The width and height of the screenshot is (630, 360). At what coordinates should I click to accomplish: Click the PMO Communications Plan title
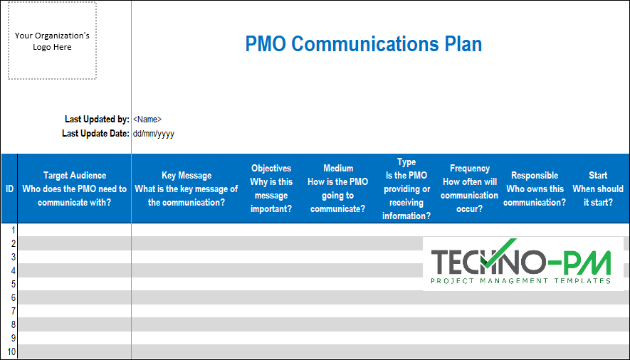[363, 44]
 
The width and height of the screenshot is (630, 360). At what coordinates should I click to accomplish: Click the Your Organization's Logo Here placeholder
[52, 41]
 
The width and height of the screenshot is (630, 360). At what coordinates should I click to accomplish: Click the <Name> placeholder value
[147, 120]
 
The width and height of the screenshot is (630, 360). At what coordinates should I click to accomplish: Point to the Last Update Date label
[95, 133]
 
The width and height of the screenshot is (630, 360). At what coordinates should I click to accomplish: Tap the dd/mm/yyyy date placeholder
[153, 133]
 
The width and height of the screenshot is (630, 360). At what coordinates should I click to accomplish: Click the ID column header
[9, 189]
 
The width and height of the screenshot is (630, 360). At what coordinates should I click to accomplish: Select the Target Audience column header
[74, 189]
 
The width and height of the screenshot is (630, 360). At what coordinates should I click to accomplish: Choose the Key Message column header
[187, 189]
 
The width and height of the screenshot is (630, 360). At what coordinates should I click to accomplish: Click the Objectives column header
[271, 189]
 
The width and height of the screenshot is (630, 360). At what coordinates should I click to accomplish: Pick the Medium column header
[338, 189]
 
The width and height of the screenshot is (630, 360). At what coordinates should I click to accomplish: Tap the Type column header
[406, 189]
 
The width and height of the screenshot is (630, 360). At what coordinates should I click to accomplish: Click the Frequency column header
[470, 189]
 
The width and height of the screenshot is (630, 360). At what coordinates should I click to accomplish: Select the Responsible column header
[535, 189]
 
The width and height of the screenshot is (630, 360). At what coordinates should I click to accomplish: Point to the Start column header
[598, 189]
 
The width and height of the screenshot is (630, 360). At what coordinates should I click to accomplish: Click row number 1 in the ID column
[11, 230]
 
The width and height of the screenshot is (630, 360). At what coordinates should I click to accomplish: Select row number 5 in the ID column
[11, 284]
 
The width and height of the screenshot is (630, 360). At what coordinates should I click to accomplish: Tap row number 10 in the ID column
[10, 352]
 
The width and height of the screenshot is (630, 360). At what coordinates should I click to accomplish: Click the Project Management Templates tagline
[521, 281]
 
